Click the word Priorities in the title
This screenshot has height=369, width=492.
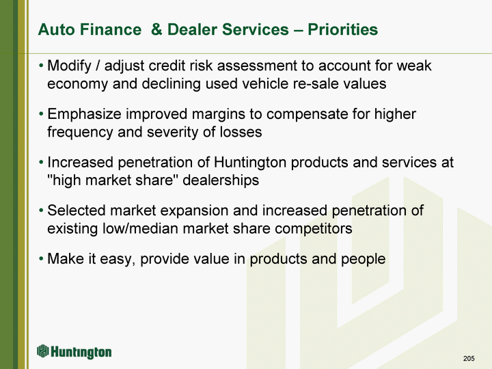coord(342,29)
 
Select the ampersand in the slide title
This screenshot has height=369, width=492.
coord(156,29)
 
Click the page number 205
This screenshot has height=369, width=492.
coord(469,358)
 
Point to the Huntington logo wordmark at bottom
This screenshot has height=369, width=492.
coord(81,352)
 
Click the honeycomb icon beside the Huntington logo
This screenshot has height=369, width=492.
coord(42,351)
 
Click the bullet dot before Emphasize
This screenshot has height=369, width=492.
coord(41,114)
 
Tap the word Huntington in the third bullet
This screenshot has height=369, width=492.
coord(250,163)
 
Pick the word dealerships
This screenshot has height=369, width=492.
coord(221,180)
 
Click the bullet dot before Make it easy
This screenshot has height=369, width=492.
coord(41,259)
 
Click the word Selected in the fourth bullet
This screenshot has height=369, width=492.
coord(77,210)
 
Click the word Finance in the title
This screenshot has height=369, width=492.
coord(111,29)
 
